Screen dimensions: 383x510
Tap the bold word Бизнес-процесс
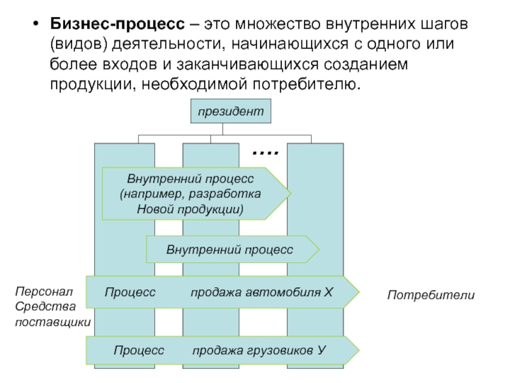click(x=117, y=24)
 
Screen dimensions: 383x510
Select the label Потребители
click(x=431, y=295)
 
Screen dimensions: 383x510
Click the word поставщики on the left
click(x=53, y=322)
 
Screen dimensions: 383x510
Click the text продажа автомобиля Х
click(x=261, y=292)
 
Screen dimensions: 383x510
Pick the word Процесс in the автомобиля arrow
click(x=130, y=292)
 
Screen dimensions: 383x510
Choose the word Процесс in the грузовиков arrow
click(x=139, y=350)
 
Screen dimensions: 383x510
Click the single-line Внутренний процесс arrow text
click(x=229, y=249)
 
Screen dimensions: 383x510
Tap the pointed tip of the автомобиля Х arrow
click(x=358, y=292)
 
